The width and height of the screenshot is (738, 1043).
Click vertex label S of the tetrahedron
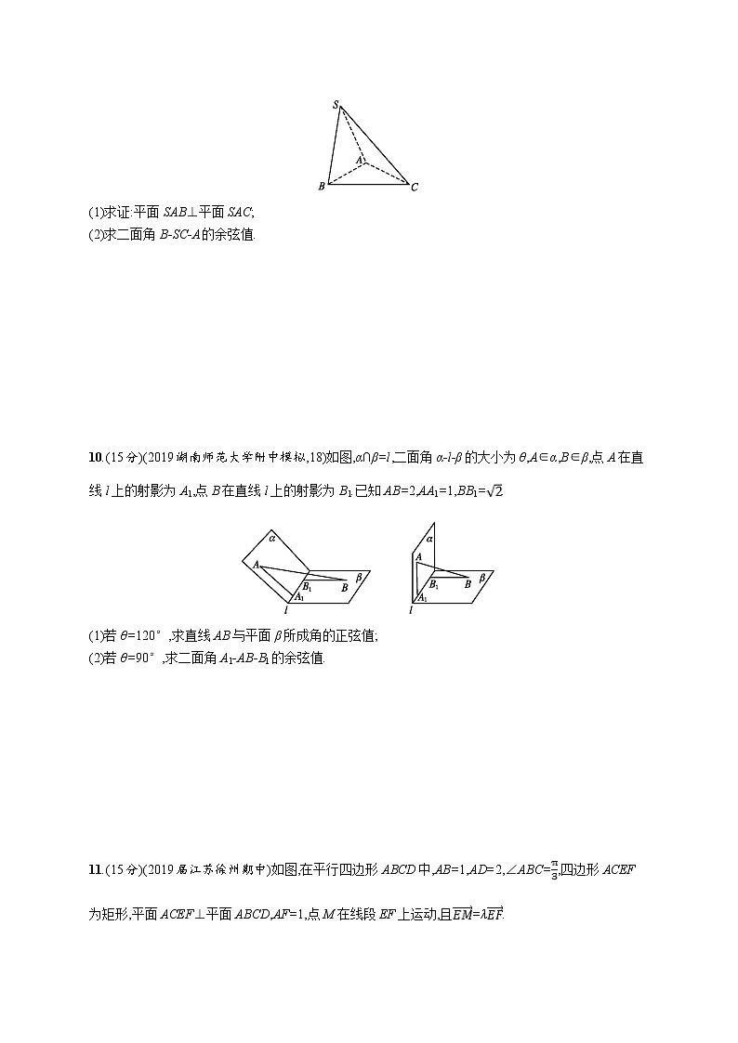click(x=336, y=105)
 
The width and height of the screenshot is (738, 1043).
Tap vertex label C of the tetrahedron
click(x=415, y=188)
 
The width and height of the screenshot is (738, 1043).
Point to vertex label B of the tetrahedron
click(x=322, y=187)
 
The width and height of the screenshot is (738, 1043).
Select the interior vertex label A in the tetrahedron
click(x=359, y=159)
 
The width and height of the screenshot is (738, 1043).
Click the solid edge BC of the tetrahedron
click(x=367, y=184)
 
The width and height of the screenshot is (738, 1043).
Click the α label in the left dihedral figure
click(x=272, y=537)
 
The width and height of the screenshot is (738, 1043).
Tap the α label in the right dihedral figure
click(x=429, y=538)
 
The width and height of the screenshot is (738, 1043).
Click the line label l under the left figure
click(x=287, y=610)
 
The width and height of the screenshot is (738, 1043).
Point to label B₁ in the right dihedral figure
click(x=434, y=586)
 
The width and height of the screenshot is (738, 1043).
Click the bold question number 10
click(x=94, y=457)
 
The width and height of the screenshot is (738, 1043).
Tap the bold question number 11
click(x=94, y=869)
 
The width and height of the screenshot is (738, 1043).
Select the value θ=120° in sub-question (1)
click(x=139, y=635)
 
